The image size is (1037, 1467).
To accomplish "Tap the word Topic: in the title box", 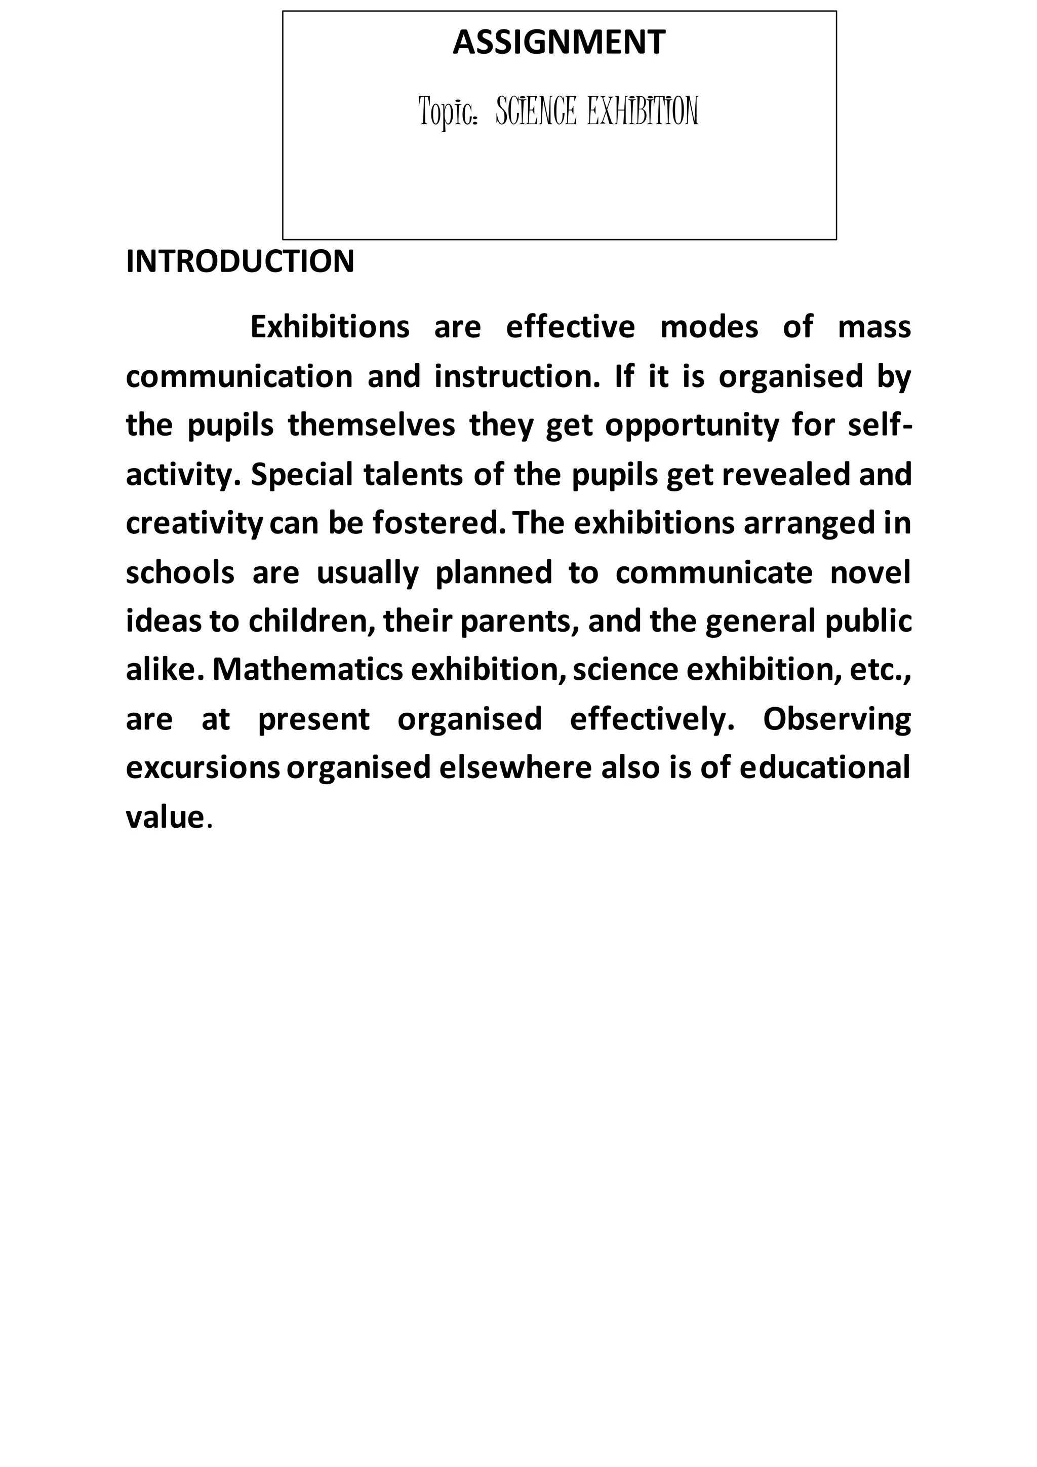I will tap(448, 112).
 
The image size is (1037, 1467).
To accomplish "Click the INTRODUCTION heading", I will tap(240, 261).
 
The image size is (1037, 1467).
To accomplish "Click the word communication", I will tap(239, 376).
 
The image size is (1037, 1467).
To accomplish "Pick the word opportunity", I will tap(692, 426).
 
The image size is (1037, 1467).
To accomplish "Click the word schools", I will tap(181, 572).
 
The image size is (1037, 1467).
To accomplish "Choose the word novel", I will tap(870, 572).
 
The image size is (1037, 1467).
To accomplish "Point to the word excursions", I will tap(203, 768).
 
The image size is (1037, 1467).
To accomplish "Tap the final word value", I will tap(165, 817).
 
